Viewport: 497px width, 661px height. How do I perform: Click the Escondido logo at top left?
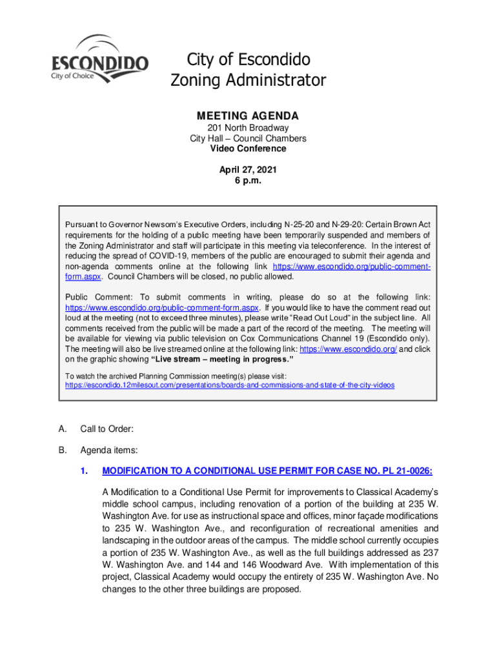click(x=99, y=59)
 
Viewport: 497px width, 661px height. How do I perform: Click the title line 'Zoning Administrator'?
click(x=248, y=81)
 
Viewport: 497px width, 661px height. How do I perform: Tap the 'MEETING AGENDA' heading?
click(x=248, y=116)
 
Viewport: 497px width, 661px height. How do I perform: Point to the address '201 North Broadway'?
click(x=248, y=128)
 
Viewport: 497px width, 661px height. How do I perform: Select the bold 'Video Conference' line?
click(x=248, y=148)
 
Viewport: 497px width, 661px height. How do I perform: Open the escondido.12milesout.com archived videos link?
click(x=230, y=385)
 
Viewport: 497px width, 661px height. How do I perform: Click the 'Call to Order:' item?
click(x=107, y=429)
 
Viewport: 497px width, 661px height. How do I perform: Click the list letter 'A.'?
click(x=62, y=429)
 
